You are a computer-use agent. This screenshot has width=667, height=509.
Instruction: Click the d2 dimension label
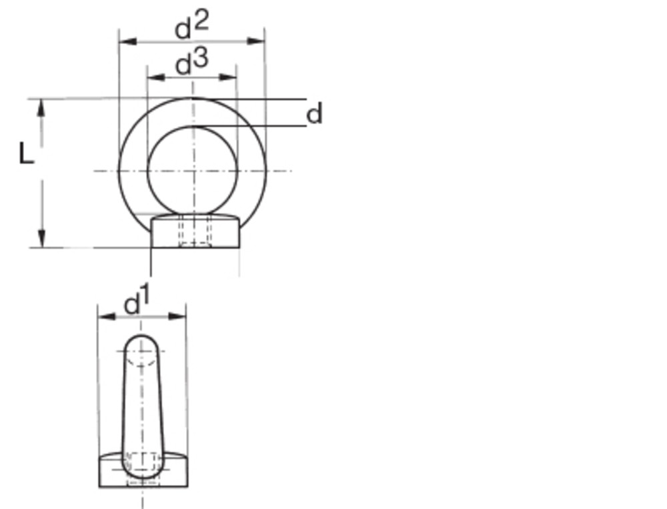tap(191, 25)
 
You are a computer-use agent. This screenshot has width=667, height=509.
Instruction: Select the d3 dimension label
tap(191, 63)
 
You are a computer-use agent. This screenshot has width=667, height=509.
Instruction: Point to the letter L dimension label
tap(26, 155)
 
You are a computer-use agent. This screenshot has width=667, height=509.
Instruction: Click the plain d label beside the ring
tap(314, 114)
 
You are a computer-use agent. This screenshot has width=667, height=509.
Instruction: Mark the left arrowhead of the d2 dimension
tap(127, 41)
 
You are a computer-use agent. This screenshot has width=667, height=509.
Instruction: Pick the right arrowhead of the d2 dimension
tap(256, 41)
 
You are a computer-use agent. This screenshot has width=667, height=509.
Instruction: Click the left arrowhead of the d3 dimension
tap(155, 77)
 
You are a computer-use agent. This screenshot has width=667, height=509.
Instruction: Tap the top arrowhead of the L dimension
tap(42, 108)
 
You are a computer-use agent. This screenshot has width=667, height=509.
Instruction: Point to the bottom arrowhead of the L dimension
tap(42, 238)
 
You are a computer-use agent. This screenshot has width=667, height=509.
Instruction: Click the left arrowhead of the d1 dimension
tap(107, 316)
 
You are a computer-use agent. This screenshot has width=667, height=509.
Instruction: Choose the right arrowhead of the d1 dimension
tap(177, 316)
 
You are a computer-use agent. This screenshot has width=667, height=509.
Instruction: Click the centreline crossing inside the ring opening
tap(193, 171)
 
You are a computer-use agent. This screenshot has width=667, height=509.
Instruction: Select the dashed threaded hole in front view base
tap(194, 231)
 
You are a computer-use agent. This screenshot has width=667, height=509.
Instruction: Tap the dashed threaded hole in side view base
tap(142, 467)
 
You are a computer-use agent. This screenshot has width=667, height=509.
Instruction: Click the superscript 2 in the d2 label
tap(201, 19)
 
